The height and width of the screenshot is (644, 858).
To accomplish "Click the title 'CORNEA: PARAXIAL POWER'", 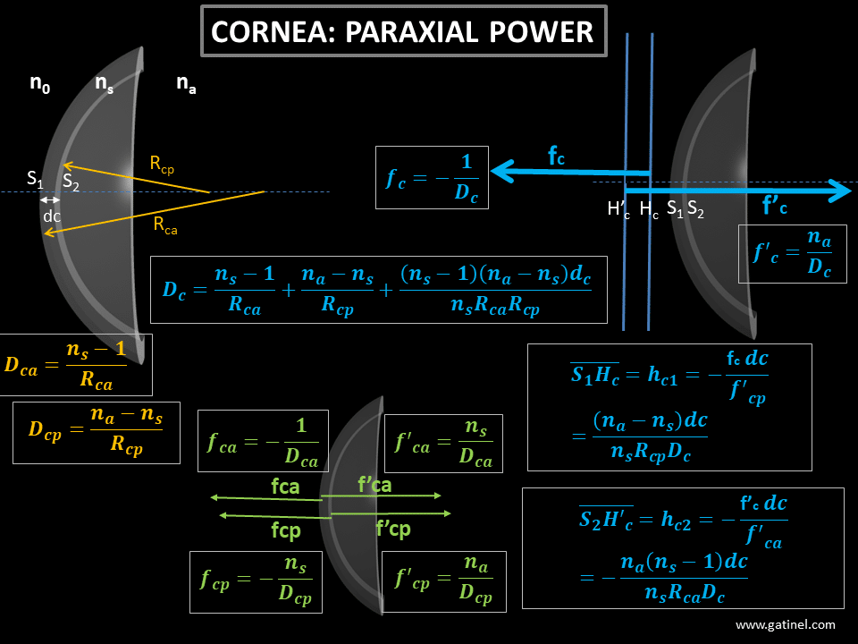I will coord(403,31).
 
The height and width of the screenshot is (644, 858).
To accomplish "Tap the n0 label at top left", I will coord(40,84).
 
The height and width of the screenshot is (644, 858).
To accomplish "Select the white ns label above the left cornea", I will coord(104,84).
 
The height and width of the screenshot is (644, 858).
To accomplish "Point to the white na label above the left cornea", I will coord(186,84).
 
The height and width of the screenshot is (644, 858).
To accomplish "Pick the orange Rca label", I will coord(164,225).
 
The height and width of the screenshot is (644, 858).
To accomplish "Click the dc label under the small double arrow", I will coord(52,216).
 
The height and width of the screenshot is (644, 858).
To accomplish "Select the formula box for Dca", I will coord(76,364).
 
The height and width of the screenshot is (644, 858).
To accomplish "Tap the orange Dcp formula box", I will coord(96,432).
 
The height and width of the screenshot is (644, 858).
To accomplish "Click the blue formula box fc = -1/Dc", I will coord(433,177).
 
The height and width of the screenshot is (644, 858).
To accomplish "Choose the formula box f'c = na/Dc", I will coord(792,253).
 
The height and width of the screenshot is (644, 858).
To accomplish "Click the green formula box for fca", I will coord(263,440).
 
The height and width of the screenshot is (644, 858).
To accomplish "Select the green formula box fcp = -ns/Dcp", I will coord(257,580).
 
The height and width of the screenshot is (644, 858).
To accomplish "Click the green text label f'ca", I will coord(374,485).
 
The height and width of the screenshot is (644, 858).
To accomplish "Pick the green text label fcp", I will coord(285,530).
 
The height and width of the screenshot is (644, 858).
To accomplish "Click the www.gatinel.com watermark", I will coord(786,625).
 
